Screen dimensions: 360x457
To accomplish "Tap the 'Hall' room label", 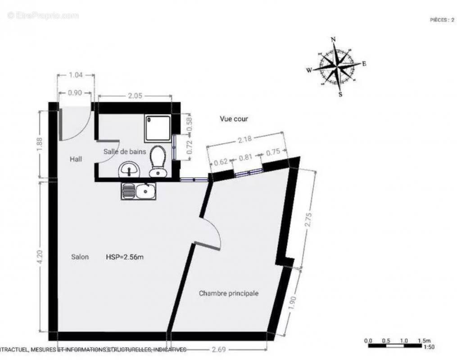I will (76, 159).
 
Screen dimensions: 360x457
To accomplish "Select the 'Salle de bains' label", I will (125, 152).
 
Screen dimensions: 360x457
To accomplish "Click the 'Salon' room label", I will (80, 257).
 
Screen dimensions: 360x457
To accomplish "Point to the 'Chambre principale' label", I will (229, 293).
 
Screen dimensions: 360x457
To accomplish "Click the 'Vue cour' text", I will (234, 119).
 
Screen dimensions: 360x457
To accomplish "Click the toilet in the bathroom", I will (157, 161).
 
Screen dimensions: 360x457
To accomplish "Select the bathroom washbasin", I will (129, 171).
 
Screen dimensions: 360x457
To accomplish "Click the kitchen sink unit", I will (138, 191).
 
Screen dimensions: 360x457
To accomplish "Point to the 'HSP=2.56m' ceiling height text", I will (125, 257).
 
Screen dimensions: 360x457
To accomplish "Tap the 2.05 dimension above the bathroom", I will (135, 95).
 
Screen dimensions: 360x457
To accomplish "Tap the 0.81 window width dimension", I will (245, 158).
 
